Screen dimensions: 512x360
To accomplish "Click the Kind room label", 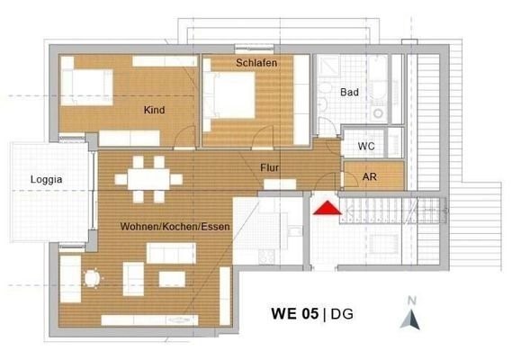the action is pyautogui.click(x=154, y=110).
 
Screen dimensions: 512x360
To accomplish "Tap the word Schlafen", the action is pyautogui.click(x=256, y=63).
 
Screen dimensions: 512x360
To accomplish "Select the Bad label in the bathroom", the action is pyautogui.click(x=349, y=92).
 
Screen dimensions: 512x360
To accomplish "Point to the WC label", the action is pyautogui.click(x=366, y=146).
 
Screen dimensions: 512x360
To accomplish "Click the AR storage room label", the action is pyautogui.click(x=370, y=176).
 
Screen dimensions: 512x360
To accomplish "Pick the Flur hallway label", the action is pyautogui.click(x=269, y=167).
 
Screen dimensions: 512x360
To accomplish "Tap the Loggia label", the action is pyautogui.click(x=47, y=179).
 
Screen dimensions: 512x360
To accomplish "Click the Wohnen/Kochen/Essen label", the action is pyautogui.click(x=175, y=227).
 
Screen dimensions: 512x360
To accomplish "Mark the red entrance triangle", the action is pyautogui.click(x=328, y=208).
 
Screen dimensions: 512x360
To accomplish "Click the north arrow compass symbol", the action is pyautogui.click(x=410, y=319).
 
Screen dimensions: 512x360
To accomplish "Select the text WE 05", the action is pyautogui.click(x=294, y=313).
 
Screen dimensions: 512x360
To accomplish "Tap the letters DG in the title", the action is pyautogui.click(x=342, y=314).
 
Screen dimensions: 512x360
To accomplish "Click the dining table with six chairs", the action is pyautogui.click(x=148, y=179).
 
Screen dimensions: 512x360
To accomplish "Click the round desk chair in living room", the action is pyautogui.click(x=92, y=278).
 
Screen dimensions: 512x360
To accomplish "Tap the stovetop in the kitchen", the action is pyautogui.click(x=266, y=256).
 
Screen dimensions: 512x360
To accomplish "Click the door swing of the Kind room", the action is pyautogui.click(x=184, y=137).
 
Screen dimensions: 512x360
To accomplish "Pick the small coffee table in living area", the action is pyautogui.click(x=172, y=279).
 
